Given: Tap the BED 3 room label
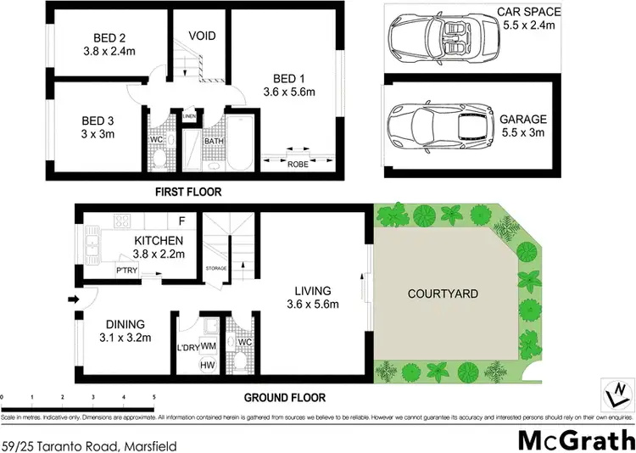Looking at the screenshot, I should point(98,120).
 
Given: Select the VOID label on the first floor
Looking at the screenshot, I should point(201,36).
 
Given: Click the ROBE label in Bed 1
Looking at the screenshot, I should point(298,164).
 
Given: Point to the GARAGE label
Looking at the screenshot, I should point(522,120).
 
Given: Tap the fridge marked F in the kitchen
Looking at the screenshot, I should point(181,221).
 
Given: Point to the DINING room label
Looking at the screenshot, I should point(126,324).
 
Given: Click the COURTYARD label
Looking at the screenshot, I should point(442,294).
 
